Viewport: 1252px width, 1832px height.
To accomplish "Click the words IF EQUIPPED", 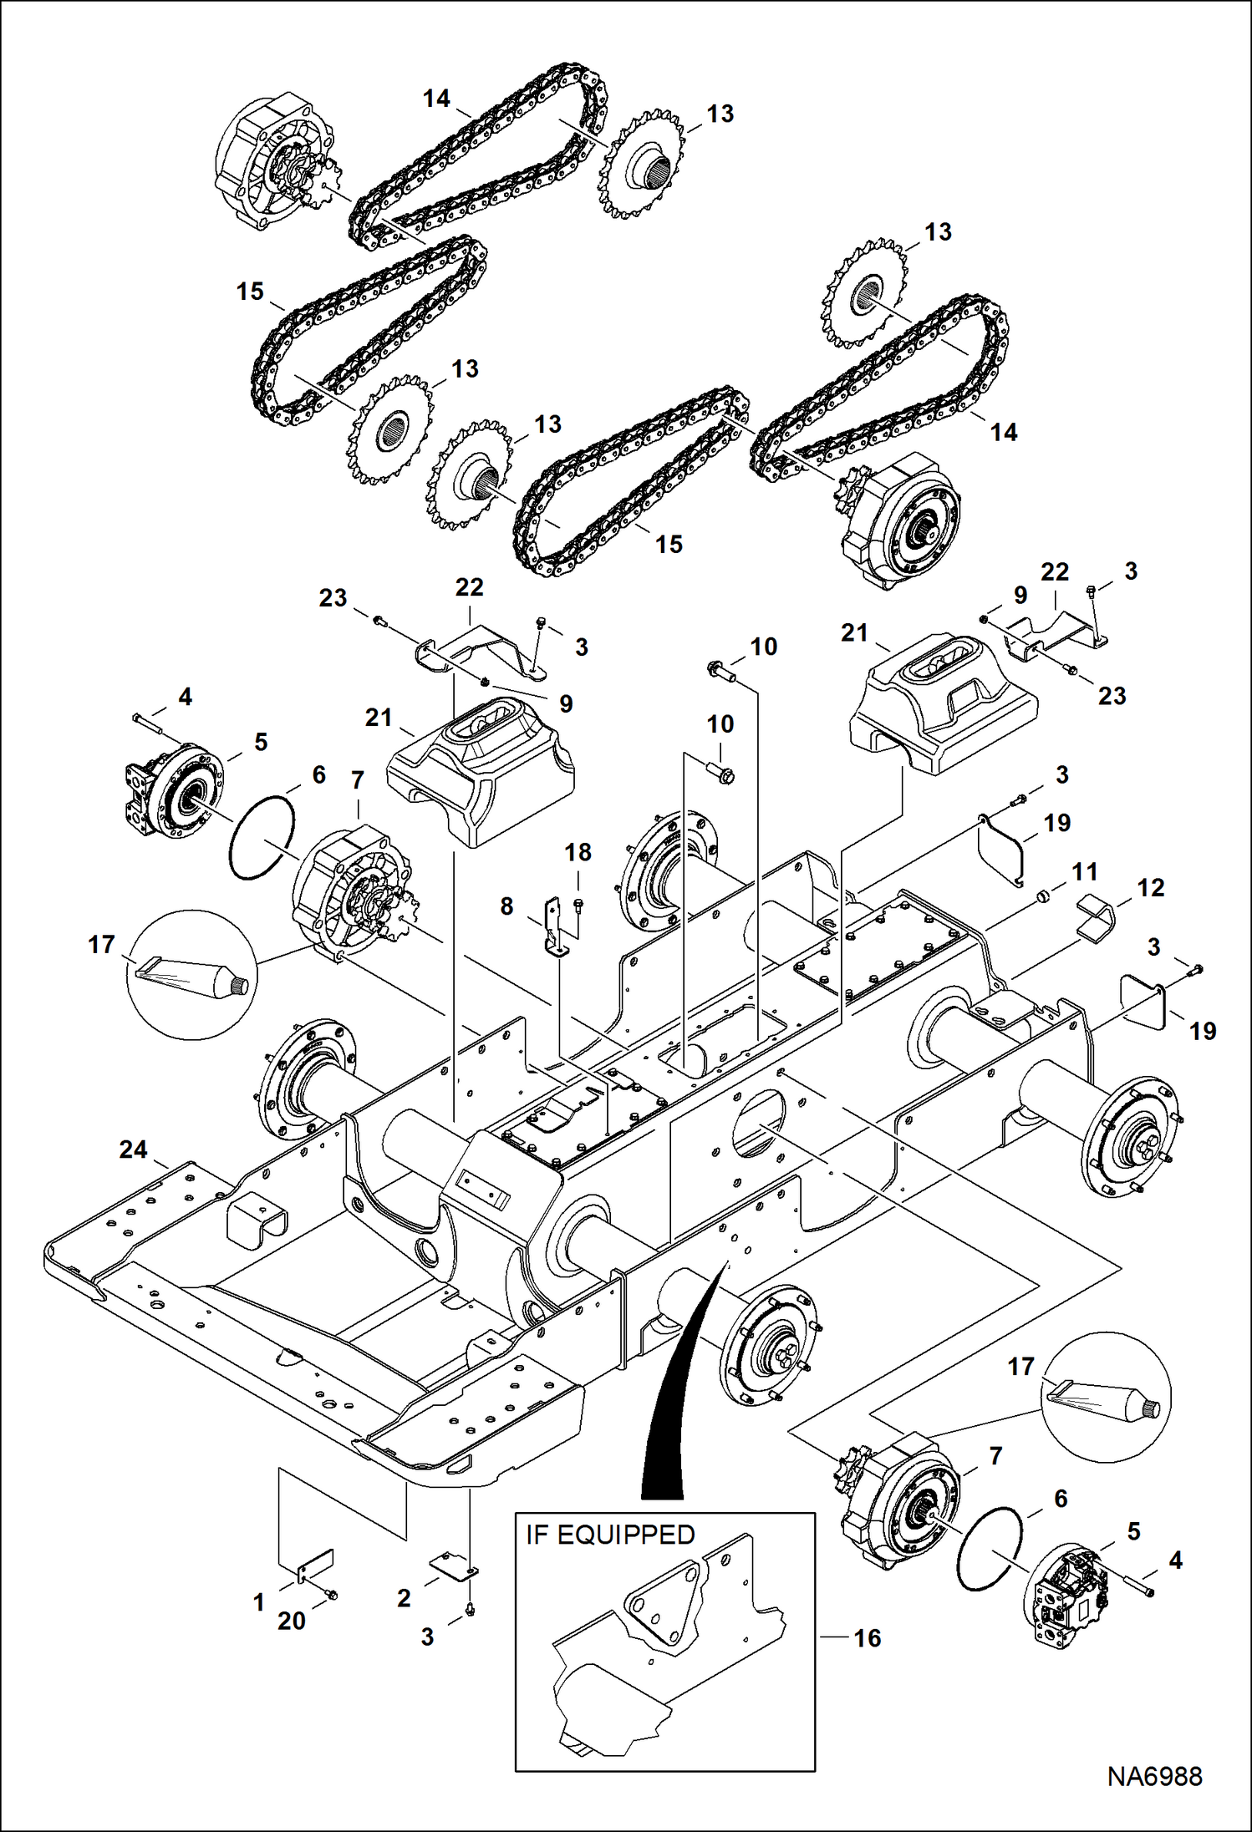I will [x=610, y=1535].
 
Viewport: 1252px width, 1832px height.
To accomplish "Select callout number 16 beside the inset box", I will [x=867, y=1637].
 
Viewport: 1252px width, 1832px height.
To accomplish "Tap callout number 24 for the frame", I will [x=133, y=1150].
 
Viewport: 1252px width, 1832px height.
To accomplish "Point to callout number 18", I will [x=578, y=852].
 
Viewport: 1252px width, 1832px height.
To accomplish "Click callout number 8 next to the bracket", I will [x=506, y=906].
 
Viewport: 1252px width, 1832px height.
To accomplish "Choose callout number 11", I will [x=1084, y=872].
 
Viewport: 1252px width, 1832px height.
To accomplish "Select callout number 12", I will [x=1150, y=888].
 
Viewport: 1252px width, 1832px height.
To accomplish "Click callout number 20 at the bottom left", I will [x=291, y=1621].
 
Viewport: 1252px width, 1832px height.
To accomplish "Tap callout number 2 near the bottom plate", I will [x=404, y=1598].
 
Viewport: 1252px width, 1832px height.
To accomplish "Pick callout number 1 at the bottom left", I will [x=259, y=1602].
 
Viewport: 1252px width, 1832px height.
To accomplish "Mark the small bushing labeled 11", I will [x=1042, y=897].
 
